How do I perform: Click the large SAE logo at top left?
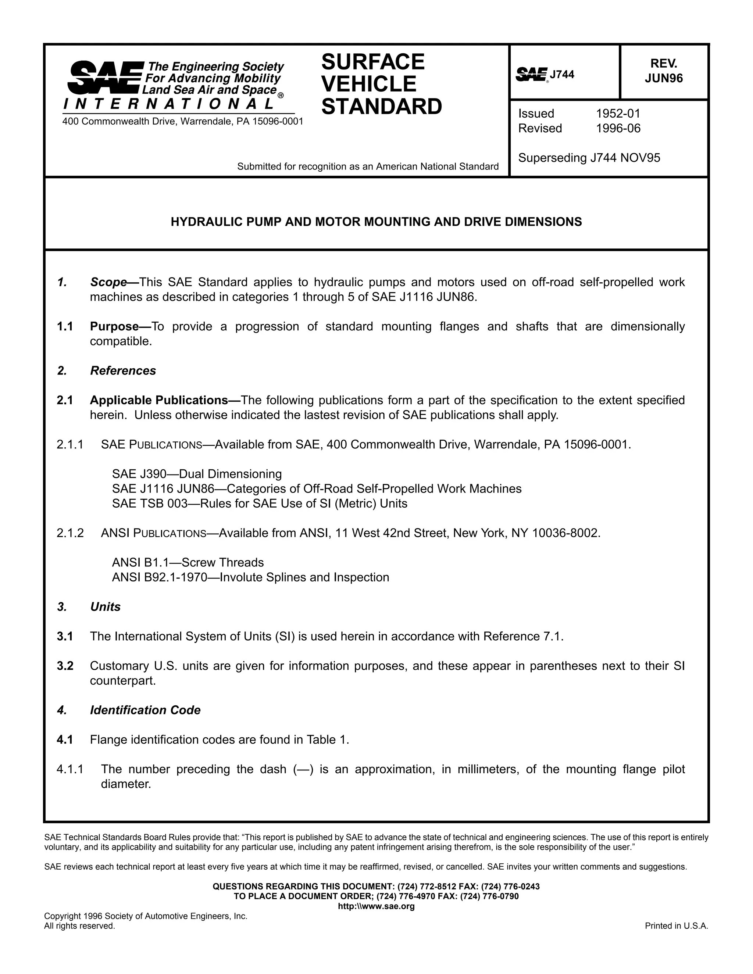(x=105, y=78)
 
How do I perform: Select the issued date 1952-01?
(x=618, y=113)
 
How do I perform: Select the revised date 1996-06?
(x=618, y=128)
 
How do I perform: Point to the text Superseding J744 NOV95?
(x=589, y=158)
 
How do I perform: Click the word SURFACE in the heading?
(x=372, y=61)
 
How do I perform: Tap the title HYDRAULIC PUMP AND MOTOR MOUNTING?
(x=376, y=222)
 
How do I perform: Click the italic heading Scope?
(x=108, y=282)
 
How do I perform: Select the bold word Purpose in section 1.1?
(x=114, y=326)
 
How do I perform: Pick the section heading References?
(x=123, y=370)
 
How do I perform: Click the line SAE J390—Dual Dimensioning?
(x=197, y=474)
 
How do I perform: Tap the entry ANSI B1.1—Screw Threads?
(x=188, y=562)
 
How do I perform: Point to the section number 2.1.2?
(x=70, y=533)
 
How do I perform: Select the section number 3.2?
(x=65, y=666)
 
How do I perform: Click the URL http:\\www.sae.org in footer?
(x=376, y=906)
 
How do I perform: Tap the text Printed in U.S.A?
(x=676, y=926)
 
